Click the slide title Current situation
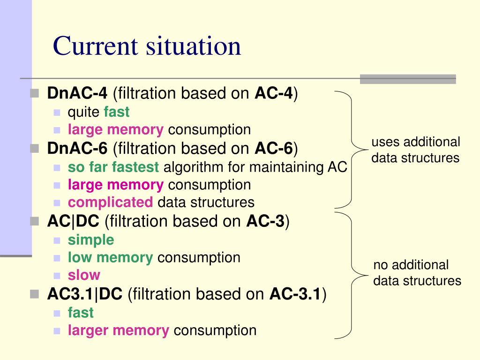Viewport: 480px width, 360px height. click(x=147, y=46)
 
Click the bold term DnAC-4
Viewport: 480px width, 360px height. click(x=77, y=94)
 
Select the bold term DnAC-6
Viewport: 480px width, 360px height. click(x=77, y=149)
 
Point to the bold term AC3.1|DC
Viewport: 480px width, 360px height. click(x=85, y=294)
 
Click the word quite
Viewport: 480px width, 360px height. click(x=83, y=112)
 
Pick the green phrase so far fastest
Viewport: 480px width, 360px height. click(x=113, y=167)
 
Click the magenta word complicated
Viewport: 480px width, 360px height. click(x=110, y=202)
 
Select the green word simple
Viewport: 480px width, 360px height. click(x=91, y=240)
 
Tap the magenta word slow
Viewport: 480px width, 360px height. click(x=84, y=275)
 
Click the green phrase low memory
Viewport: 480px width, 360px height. click(x=110, y=257)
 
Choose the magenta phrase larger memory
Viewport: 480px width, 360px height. click(x=118, y=330)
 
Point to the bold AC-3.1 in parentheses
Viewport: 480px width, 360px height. click(x=296, y=294)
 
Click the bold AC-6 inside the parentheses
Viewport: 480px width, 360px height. click(x=274, y=149)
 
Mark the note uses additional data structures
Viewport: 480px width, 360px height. click(x=415, y=150)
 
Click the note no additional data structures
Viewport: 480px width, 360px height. click(x=417, y=273)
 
